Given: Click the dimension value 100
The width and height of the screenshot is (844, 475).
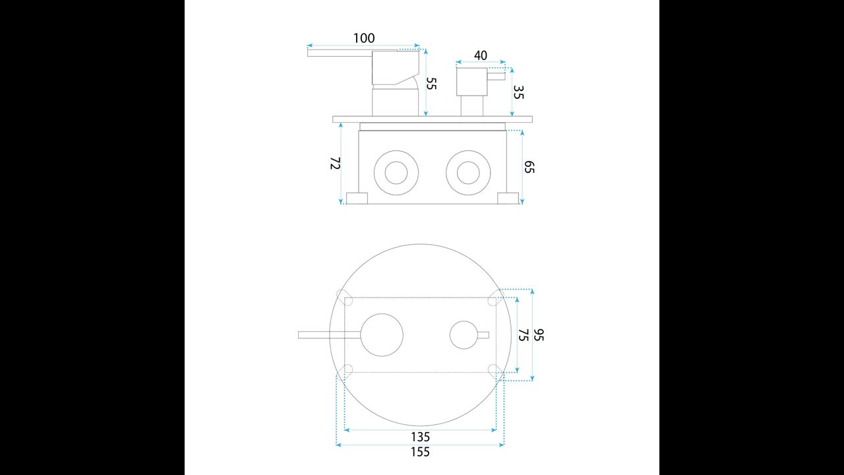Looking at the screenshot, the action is pos(364,38).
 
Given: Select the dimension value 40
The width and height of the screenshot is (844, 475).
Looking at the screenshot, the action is pos(481,55).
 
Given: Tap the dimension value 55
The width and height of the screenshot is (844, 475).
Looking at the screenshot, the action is pos(431,83).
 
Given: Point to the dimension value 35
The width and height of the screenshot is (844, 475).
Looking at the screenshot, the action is pos(518,92).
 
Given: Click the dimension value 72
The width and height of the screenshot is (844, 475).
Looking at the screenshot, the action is pos(336,163).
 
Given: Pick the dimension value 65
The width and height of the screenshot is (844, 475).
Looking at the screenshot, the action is pos(529,167).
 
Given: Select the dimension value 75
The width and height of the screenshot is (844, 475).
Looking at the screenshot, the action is pos(524,334).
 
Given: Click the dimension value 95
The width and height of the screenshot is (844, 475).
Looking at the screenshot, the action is pos(539,334).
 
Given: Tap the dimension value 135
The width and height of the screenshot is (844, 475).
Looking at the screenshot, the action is pos(420,437).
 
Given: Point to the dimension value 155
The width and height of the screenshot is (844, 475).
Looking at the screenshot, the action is pos(420,452).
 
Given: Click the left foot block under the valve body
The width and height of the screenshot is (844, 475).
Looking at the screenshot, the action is pos(357,199).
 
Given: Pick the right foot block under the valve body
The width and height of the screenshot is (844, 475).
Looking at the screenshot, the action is pos(508,199).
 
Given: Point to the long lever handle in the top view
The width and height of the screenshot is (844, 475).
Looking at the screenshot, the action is pos(329,335).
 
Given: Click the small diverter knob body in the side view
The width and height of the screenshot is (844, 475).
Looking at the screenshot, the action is pos(471,82).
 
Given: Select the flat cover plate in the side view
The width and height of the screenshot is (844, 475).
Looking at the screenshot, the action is pos(433,119).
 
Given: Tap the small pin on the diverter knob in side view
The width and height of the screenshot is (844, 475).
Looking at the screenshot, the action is pos(497,76).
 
